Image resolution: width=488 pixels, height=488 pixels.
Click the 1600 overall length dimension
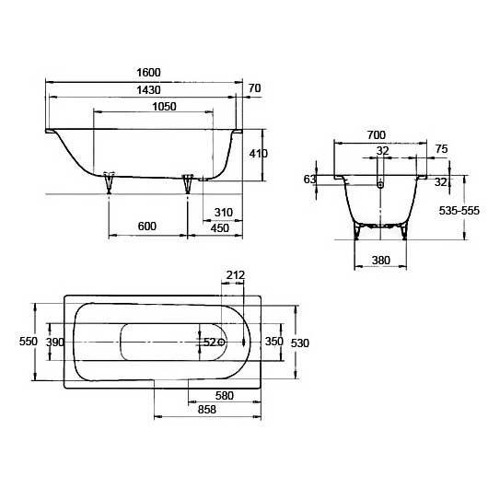(x=149, y=73)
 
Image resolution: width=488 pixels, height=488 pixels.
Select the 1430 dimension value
(x=149, y=90)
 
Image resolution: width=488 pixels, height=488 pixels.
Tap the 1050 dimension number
(x=164, y=107)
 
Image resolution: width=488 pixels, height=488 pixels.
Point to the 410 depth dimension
(x=258, y=154)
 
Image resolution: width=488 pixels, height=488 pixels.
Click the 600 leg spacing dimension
(x=147, y=226)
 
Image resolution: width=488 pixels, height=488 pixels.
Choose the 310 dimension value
(x=224, y=213)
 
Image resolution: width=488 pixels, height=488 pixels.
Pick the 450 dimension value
(x=220, y=228)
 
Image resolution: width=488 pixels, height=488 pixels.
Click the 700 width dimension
(x=377, y=135)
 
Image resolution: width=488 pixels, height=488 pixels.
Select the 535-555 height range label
(x=459, y=211)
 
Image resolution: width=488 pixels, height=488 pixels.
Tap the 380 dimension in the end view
(x=380, y=260)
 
